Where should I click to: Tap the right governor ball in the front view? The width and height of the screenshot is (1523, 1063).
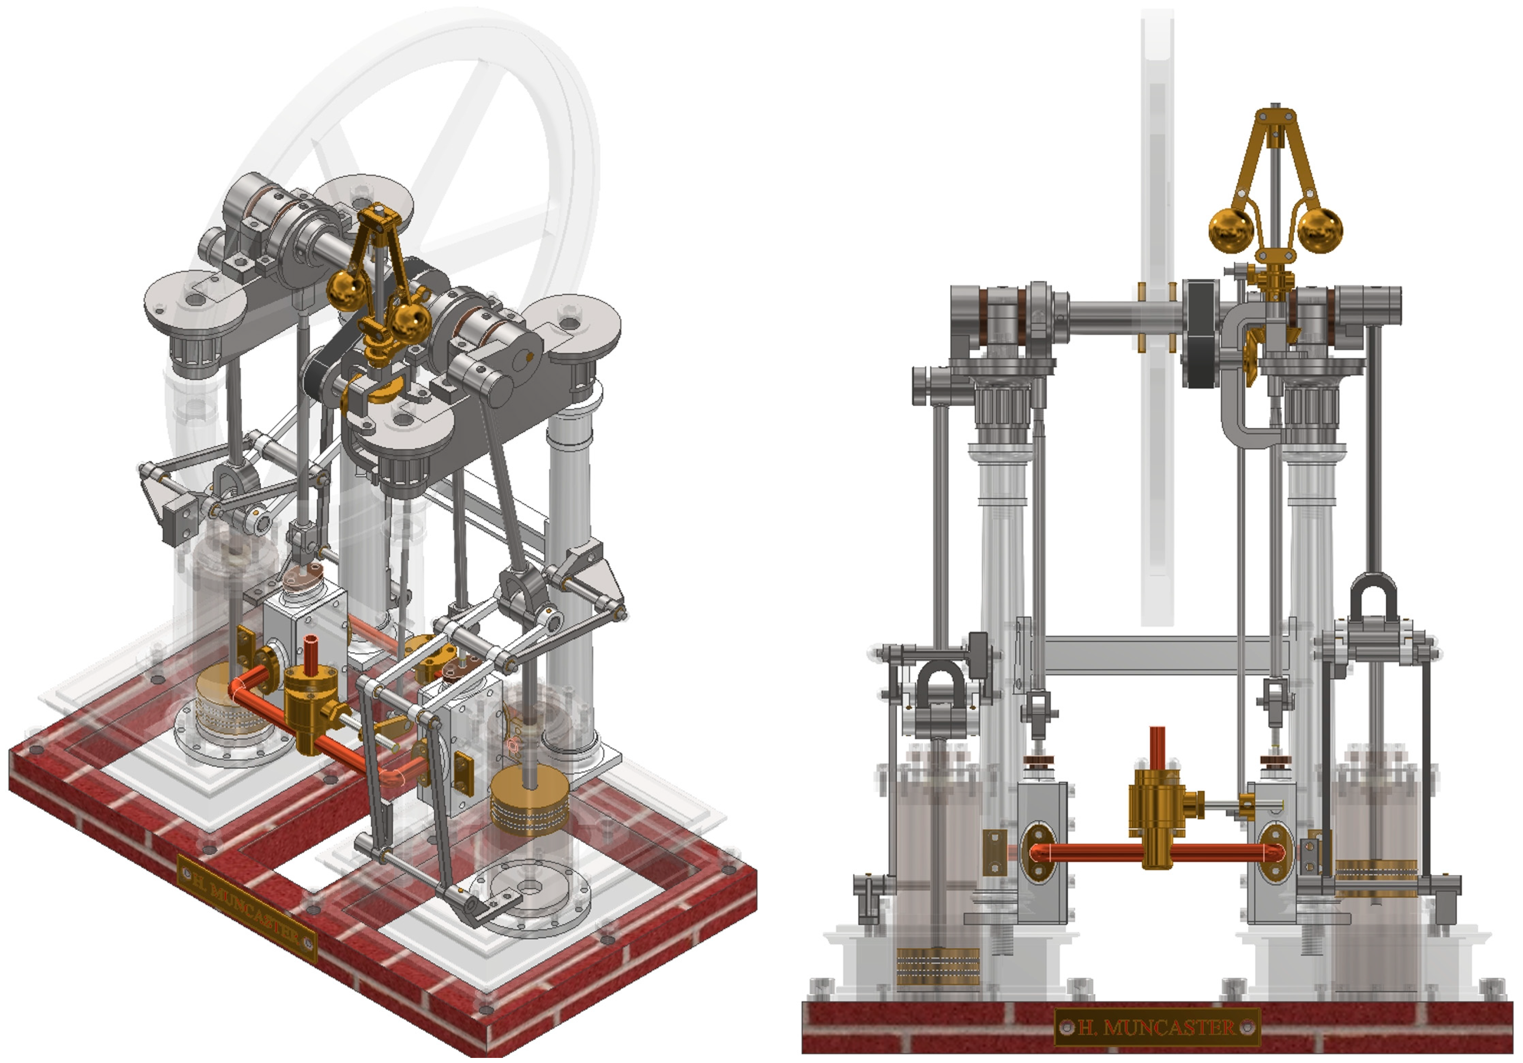(1319, 230)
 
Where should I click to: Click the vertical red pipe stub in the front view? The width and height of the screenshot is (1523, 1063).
(1157, 748)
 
